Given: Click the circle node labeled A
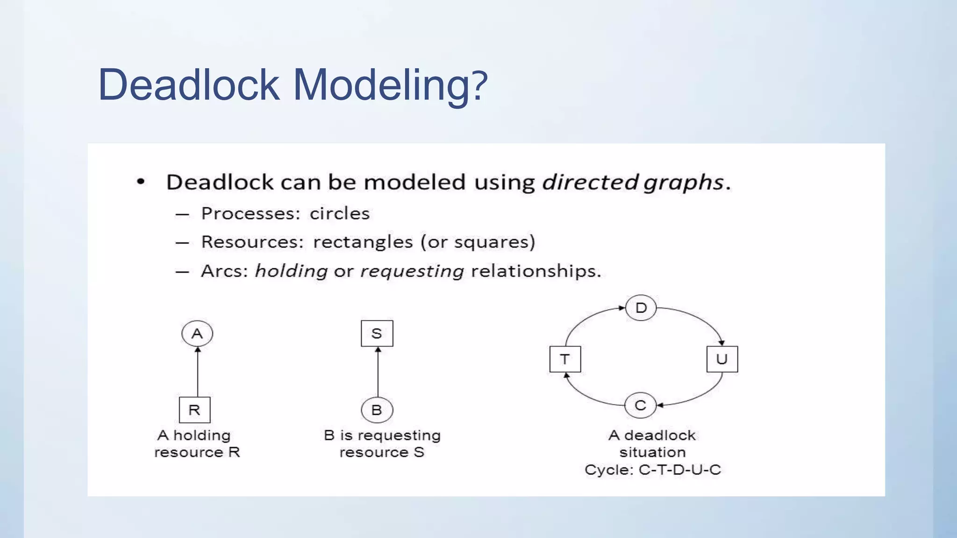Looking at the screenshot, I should pyautogui.click(x=197, y=333).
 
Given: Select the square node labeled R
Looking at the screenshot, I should pyautogui.click(x=194, y=410).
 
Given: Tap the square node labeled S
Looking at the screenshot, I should pyautogui.click(x=377, y=333).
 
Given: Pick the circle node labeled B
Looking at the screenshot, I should pyautogui.click(x=377, y=410).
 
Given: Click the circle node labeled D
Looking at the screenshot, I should pyautogui.click(x=641, y=308).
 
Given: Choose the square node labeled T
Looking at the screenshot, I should pyautogui.click(x=565, y=359).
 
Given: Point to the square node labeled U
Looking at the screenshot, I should pyautogui.click(x=722, y=359).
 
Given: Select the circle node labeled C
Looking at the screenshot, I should pyautogui.click(x=641, y=405).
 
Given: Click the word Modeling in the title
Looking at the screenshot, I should pyautogui.click(x=390, y=85).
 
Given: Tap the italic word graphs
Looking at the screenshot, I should pyautogui.click(x=683, y=182).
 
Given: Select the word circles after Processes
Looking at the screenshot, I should pyautogui.click(x=340, y=214).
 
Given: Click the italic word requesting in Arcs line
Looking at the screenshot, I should pyautogui.click(x=412, y=271).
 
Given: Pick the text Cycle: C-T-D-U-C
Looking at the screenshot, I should pyautogui.click(x=652, y=470).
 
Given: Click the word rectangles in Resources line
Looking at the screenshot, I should pyautogui.click(x=363, y=242).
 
